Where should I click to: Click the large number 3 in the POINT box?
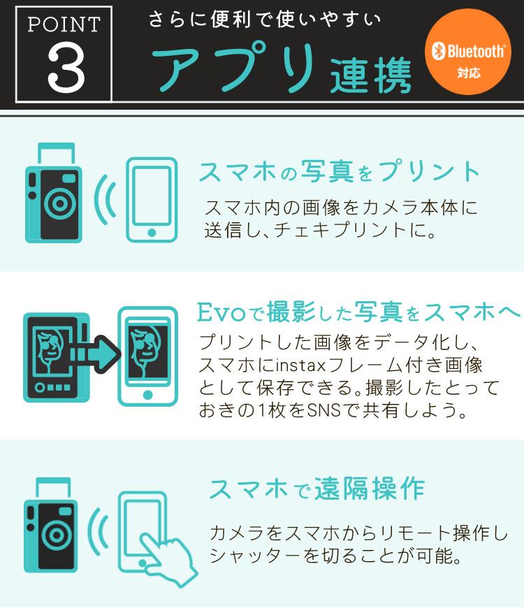65,70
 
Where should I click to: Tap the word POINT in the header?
64,24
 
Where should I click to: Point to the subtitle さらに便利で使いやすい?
265,20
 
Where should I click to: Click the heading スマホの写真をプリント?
340,172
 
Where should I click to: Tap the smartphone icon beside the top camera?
151,199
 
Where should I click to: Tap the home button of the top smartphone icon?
152,232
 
